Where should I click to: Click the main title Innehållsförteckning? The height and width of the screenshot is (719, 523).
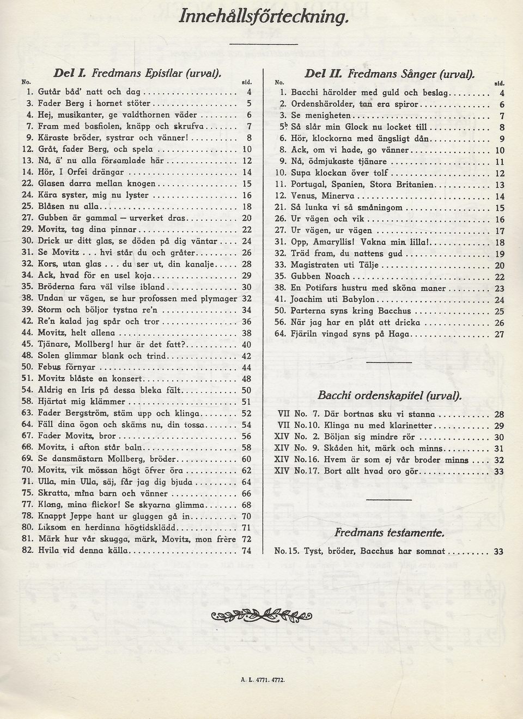tap(264, 17)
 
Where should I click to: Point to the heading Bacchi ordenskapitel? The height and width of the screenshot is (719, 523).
tap(389, 395)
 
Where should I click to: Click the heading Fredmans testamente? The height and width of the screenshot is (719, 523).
tap(389, 532)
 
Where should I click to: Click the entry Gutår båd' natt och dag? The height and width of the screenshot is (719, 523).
tap(89, 92)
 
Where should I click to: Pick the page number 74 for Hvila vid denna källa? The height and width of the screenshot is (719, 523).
tap(246, 550)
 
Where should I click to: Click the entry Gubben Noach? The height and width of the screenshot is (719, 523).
tap(320, 276)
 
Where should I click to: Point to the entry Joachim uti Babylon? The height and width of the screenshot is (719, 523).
tap(333, 299)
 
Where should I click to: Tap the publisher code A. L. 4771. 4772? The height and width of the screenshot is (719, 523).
tap(263, 680)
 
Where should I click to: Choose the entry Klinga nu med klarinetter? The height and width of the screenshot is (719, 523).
tap(378, 426)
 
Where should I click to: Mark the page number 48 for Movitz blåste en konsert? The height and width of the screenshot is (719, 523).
tap(246, 379)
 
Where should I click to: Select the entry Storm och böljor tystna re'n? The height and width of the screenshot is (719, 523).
tap(100, 310)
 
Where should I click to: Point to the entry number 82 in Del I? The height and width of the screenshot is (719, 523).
tap(28, 550)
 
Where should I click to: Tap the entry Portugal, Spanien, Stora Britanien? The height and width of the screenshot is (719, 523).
tap(362, 185)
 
